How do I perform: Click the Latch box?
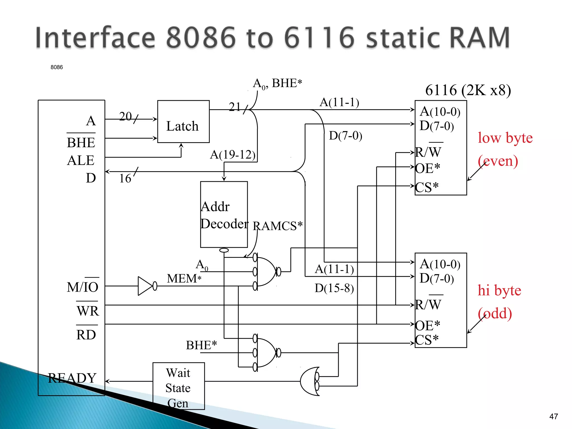[183, 122]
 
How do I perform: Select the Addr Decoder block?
[224, 214]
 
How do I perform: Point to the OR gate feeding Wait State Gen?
[310, 382]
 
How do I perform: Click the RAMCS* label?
[277, 226]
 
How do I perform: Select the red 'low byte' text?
[505, 138]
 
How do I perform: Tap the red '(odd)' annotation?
[495, 313]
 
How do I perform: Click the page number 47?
[553, 416]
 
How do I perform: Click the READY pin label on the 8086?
[72, 378]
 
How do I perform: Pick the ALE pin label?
[80, 160]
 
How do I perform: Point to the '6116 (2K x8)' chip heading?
[468, 90]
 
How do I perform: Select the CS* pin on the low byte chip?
[427, 187]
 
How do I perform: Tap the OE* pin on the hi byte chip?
[428, 325]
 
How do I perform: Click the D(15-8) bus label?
[334, 288]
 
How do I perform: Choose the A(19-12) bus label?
[233, 154]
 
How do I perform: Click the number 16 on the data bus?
[125, 178]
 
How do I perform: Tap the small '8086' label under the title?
[57, 67]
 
